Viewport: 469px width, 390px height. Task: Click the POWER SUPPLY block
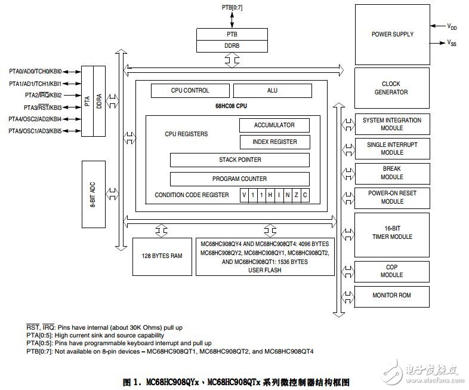pyautogui.click(x=393, y=35)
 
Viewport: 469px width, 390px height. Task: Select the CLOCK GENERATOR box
pyautogui.click(x=392, y=88)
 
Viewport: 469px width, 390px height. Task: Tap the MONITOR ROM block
pyautogui.click(x=392, y=296)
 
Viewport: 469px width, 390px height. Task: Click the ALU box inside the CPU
pyautogui.click(x=273, y=90)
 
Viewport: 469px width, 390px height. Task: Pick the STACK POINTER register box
pyautogui.click(x=240, y=160)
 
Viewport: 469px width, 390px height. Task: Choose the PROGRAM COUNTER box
pyautogui.click(x=240, y=179)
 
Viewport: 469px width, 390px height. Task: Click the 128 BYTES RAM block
pyautogui.click(x=162, y=256)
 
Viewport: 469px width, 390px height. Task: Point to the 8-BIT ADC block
pyautogui.click(x=93, y=194)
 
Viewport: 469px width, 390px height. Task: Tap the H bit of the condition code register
pyautogui.click(x=270, y=195)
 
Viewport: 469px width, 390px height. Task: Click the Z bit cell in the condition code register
pyautogui.click(x=296, y=195)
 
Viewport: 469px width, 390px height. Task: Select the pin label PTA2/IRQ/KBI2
pyautogui.click(x=44, y=95)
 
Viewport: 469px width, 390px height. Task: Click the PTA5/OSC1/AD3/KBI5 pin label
pyautogui.click(x=35, y=131)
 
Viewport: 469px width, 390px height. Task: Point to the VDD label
pyautogui.click(x=452, y=27)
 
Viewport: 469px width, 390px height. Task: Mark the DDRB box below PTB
pyautogui.click(x=232, y=46)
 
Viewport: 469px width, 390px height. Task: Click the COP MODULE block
pyautogui.click(x=392, y=272)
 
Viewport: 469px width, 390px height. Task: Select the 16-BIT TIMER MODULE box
pyautogui.click(x=392, y=235)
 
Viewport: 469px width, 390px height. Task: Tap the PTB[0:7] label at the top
pyautogui.click(x=232, y=7)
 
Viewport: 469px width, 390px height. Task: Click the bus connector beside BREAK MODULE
pyautogui.click(x=348, y=174)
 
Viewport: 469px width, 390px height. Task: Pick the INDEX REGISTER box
pyautogui.click(x=275, y=142)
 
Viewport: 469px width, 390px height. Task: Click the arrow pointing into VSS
pyautogui.click(x=437, y=43)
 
